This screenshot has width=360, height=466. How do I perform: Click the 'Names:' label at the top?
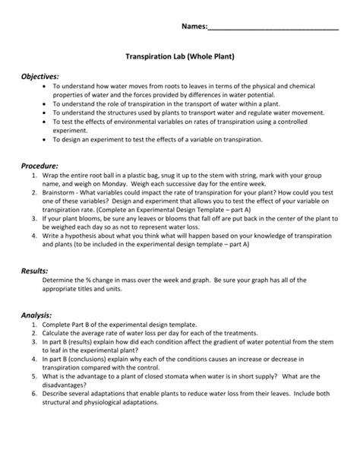point(193,27)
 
